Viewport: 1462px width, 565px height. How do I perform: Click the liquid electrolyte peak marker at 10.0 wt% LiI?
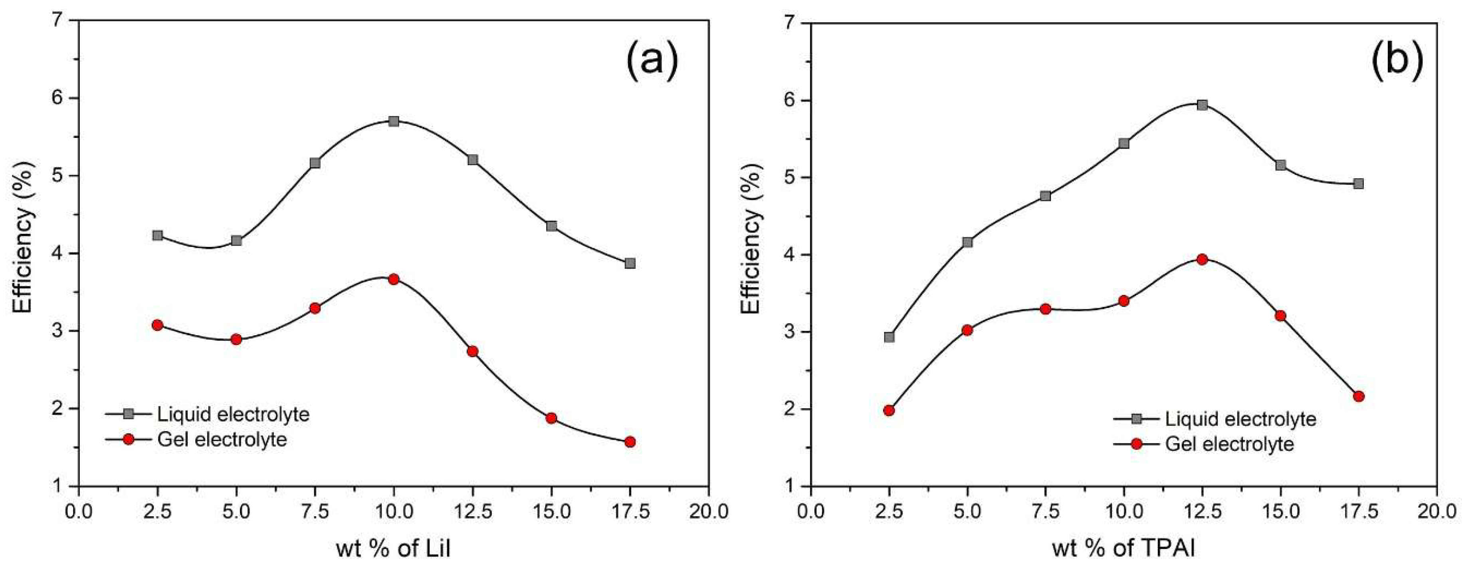[394, 121]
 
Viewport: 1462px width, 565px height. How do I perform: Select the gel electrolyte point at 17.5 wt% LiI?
[630, 442]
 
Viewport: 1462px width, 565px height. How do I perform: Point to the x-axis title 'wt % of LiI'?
[393, 549]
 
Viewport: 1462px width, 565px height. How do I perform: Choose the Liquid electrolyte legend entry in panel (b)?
[1240, 419]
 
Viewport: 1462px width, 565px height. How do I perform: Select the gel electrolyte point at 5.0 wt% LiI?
[237, 340]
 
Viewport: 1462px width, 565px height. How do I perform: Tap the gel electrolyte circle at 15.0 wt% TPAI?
[1280, 316]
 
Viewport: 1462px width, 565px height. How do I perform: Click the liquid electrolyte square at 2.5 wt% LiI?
[158, 235]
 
